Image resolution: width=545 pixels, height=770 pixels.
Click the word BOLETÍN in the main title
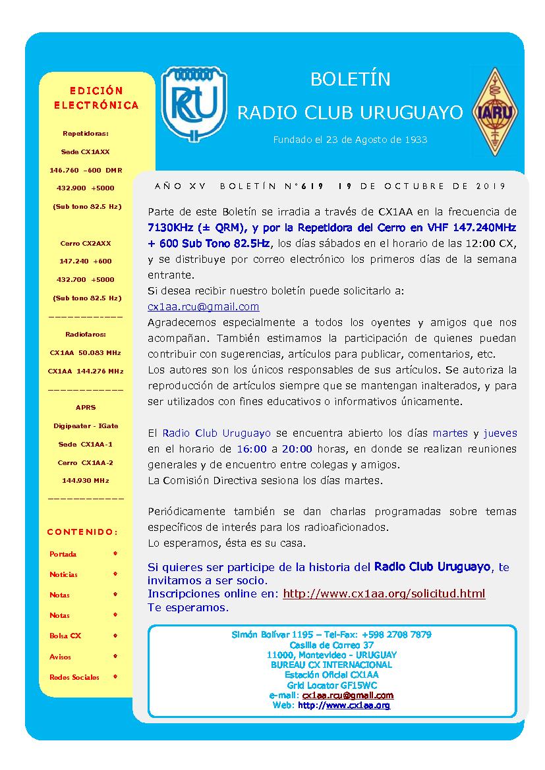(350, 80)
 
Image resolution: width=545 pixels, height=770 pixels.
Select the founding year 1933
(416, 140)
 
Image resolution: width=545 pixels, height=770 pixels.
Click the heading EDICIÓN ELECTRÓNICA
(96, 97)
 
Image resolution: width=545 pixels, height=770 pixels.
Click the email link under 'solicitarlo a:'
(204, 306)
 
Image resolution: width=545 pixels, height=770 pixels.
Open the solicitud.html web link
(384, 593)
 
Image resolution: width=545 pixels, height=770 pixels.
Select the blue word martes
(450, 433)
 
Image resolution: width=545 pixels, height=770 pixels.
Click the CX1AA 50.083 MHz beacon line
(86, 352)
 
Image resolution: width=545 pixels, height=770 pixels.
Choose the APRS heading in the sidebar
(86, 408)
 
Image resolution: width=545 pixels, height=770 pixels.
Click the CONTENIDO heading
(83, 532)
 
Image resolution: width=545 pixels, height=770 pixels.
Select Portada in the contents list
(63, 554)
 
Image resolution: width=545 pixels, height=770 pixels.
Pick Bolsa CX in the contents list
(65, 636)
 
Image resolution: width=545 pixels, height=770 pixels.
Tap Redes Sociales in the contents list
(74, 677)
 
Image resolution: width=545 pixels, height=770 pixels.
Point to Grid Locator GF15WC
(331, 686)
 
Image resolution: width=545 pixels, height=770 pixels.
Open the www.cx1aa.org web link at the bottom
(358, 705)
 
